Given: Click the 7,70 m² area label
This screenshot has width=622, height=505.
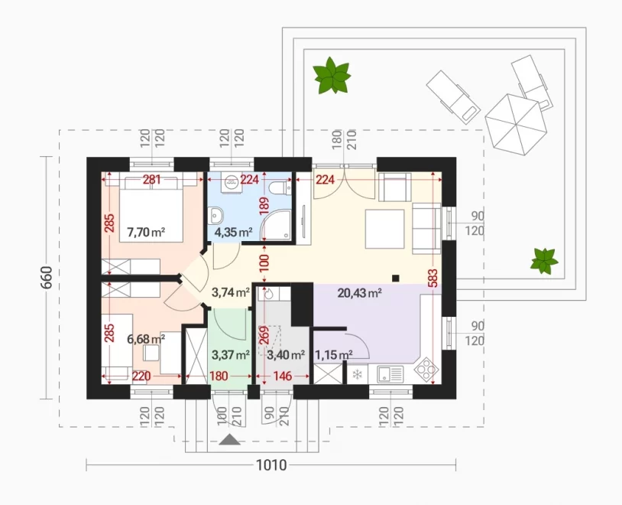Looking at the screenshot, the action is pos(146,232).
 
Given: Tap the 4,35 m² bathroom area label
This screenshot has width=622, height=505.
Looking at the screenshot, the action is pos(233,232).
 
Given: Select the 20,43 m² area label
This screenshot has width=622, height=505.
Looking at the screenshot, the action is pos(359,293).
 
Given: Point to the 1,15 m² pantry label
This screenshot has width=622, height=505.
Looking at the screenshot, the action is pos(334,354).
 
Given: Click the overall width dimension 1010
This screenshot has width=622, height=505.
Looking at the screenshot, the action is pos(271,464).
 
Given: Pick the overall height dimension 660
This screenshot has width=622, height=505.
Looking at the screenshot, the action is pos(47,278).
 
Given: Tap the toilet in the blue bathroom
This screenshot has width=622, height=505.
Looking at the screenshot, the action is pos(279,187).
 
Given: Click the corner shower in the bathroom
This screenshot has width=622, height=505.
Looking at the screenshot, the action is pos(276,225).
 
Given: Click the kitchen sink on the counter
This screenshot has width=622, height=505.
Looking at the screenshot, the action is pos(390,374).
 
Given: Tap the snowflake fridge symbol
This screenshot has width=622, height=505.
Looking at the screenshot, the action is pos(358,374).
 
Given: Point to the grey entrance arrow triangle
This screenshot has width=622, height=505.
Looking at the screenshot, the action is pos(229,439).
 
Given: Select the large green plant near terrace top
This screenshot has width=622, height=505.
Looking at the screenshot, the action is pos(332,76).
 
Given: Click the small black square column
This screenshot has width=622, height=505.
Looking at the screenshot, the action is pos(396,278).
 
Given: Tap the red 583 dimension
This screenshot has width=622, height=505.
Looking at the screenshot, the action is pos(432,278).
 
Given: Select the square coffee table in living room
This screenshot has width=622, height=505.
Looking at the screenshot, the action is pos(384,229).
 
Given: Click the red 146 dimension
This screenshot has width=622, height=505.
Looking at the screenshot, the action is pos(282,376).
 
